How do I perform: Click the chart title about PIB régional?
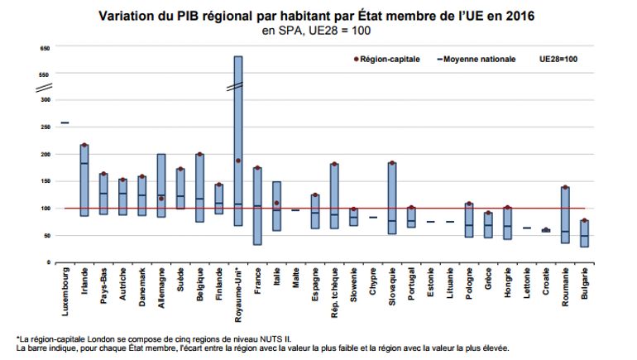tap(316, 15)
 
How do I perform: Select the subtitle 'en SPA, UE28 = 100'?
tap(316, 31)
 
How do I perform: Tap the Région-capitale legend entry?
tap(390, 60)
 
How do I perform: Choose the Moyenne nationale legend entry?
tap(479, 60)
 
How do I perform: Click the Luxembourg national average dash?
tap(65, 122)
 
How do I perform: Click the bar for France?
tap(257, 207)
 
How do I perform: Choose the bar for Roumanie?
tap(565, 215)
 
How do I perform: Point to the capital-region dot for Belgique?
tap(199, 155)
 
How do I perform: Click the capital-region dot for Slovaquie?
tap(392, 164)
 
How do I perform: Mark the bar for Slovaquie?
tap(392, 199)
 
